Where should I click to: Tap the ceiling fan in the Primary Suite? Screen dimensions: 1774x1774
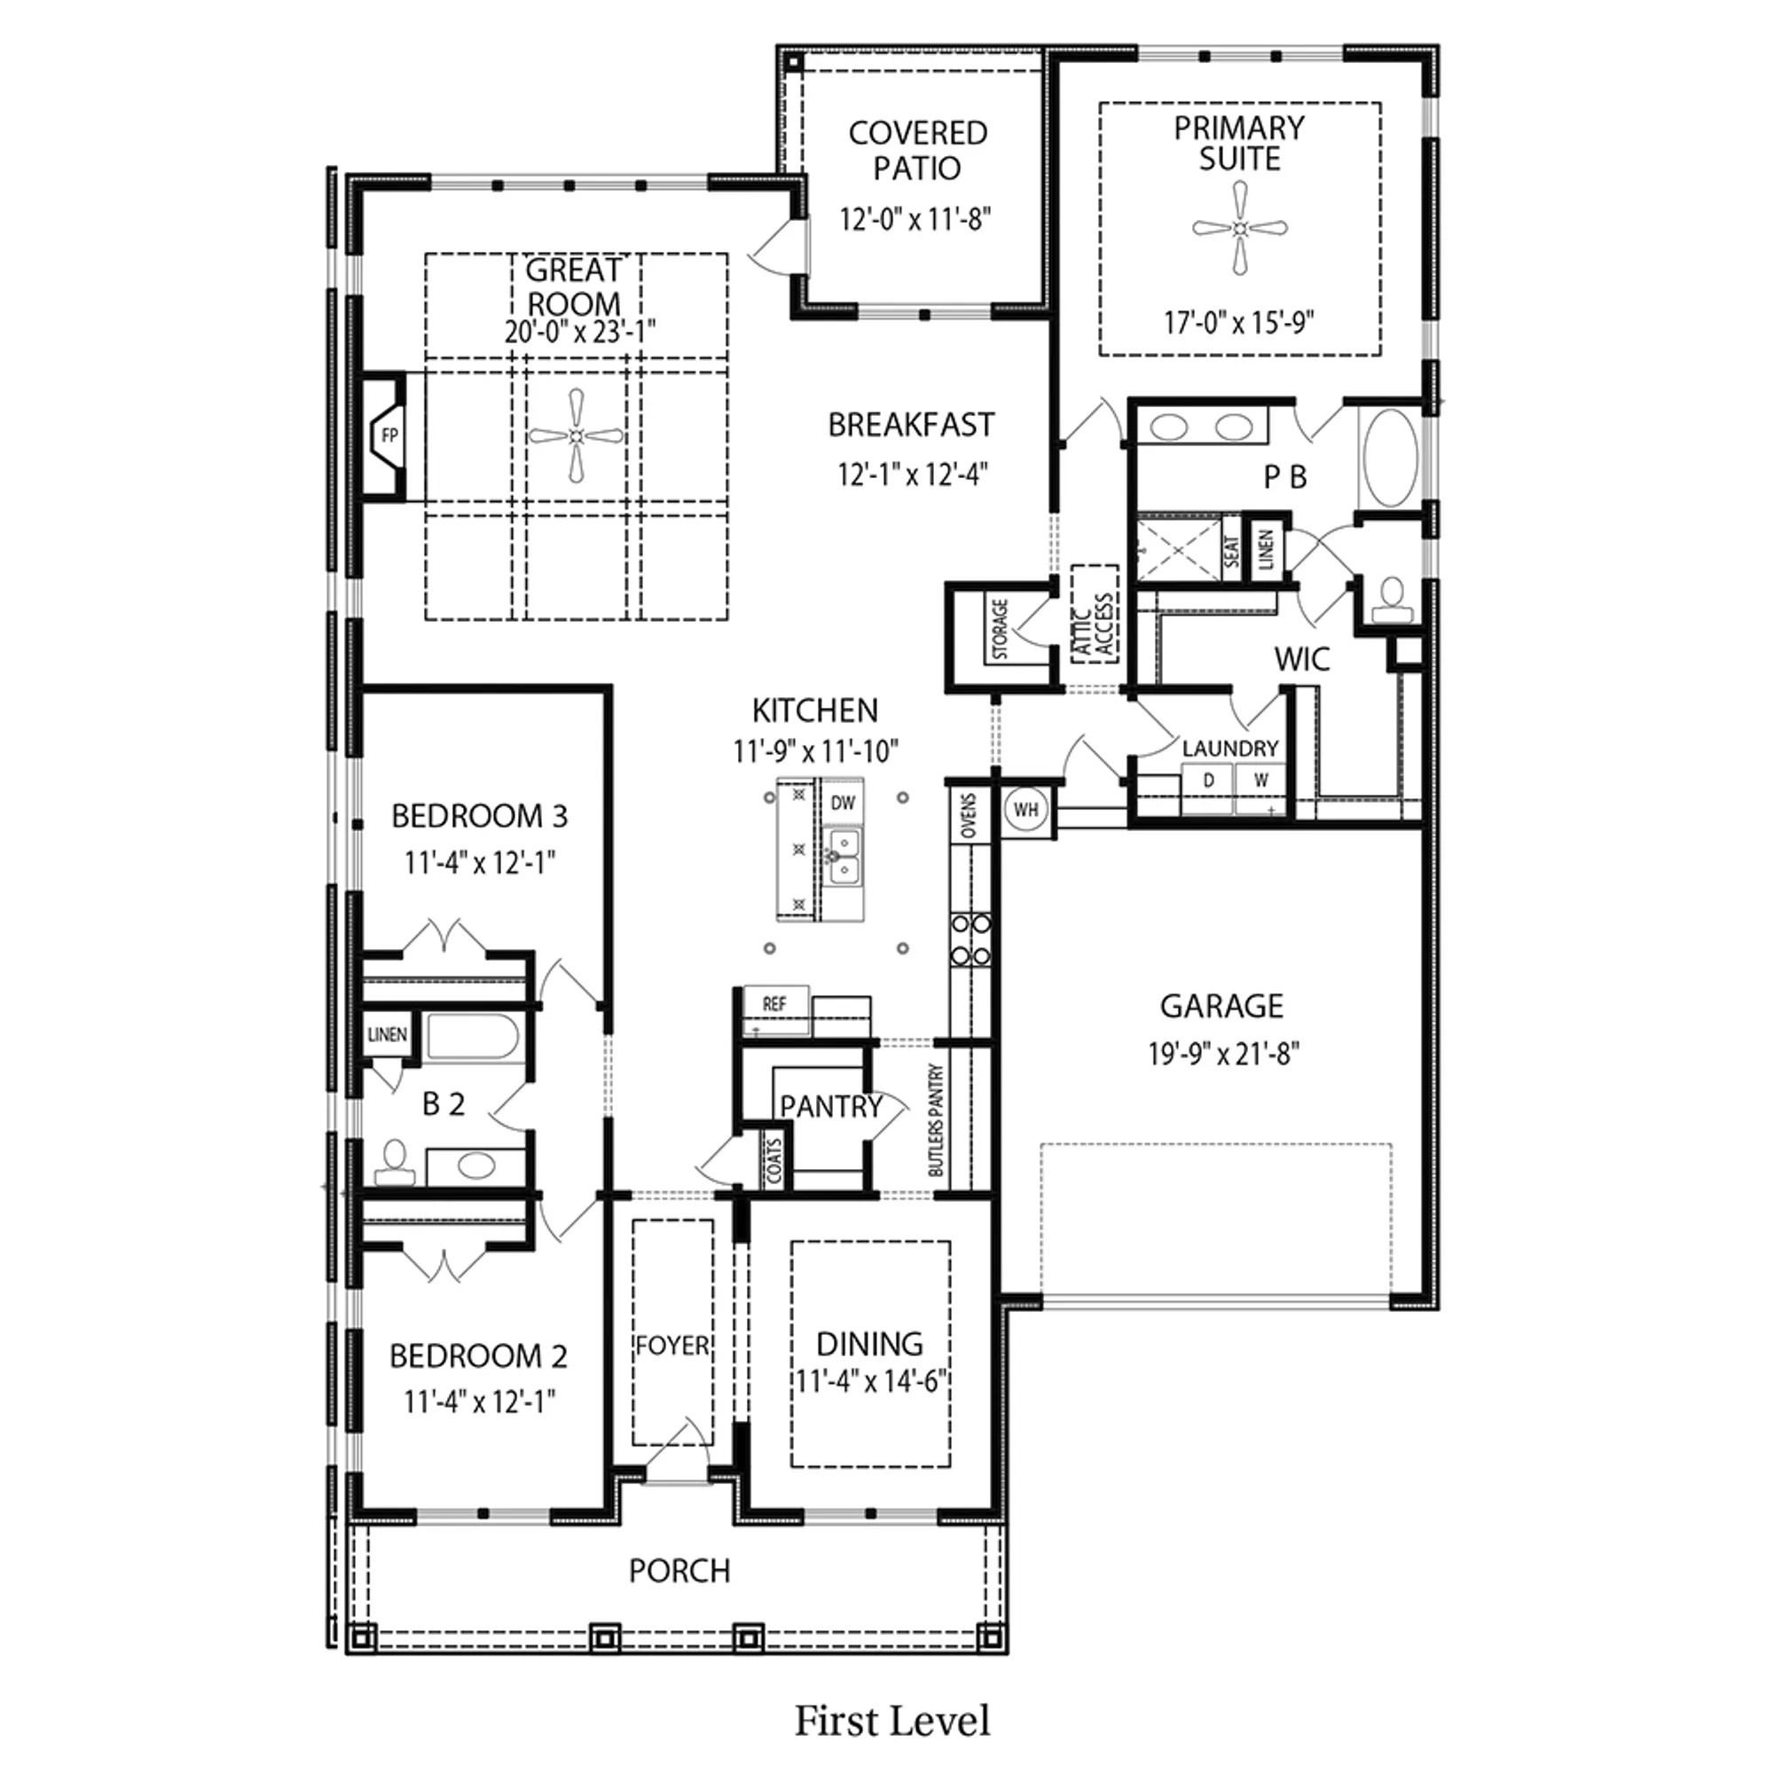(1240, 228)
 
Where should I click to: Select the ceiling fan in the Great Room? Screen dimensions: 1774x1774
(576, 436)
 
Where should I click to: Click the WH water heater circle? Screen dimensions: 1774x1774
(1025, 810)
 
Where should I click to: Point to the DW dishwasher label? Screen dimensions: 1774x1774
(842, 803)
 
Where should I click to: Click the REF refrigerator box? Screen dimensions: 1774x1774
(774, 1003)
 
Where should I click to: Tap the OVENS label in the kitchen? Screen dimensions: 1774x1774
(969, 814)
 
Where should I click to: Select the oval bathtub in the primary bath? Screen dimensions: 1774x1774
(1390, 458)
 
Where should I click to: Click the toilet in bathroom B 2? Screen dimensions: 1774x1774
(395, 1164)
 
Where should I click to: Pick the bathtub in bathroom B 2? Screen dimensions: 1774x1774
(473, 1038)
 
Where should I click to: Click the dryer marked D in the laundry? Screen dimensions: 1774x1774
(1208, 781)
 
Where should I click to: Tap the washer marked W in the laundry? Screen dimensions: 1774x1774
(1261, 781)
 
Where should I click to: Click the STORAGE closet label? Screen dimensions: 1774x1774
(1000, 630)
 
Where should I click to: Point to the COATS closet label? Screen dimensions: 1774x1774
(773, 1160)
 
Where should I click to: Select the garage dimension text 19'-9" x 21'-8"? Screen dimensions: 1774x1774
(1224, 1054)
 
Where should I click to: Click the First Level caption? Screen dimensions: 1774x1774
(891, 1720)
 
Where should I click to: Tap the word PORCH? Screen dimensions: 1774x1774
(679, 1571)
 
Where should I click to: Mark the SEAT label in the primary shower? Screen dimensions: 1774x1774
(1231, 551)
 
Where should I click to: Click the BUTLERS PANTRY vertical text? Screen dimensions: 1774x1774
(936, 1120)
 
